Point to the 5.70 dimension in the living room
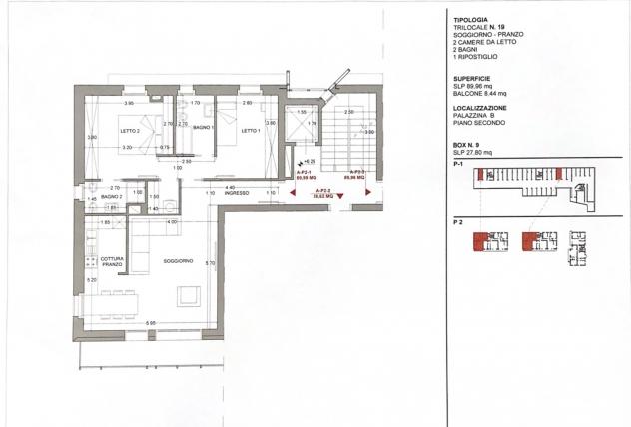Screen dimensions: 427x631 (209, 262)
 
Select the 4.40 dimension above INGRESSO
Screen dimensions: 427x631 (229, 187)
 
